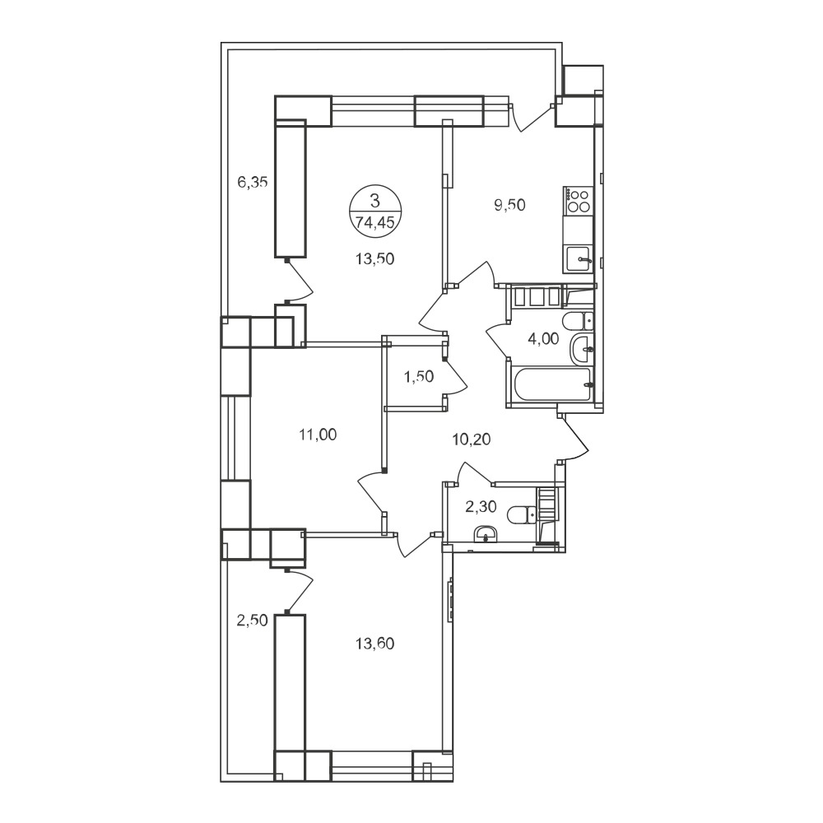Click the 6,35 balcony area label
tap(253, 182)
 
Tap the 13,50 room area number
tap(374, 258)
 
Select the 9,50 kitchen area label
tap(509, 205)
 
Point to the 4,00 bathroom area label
tap(543, 338)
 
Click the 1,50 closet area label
tap(419, 376)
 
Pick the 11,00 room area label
tap(318, 435)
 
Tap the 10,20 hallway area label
tap(472, 439)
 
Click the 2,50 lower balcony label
tap(253, 621)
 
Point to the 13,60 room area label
tap(374, 643)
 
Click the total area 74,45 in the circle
tap(374, 222)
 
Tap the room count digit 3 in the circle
tap(374, 200)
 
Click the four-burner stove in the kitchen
tap(578, 201)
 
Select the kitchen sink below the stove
tap(579, 259)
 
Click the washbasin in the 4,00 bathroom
tap(583, 347)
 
